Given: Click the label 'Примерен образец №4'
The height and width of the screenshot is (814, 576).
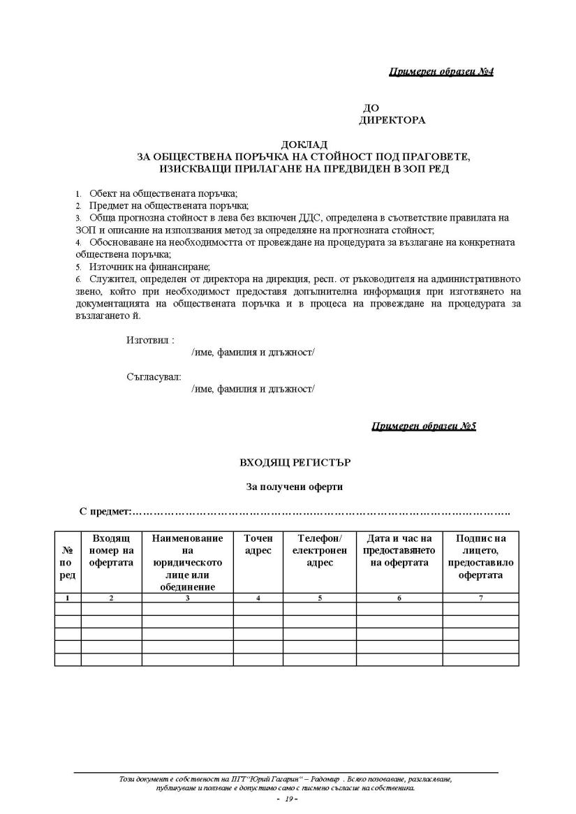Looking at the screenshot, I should pos(441,72).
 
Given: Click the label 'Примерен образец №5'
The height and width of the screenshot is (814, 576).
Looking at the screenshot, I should pos(423,426).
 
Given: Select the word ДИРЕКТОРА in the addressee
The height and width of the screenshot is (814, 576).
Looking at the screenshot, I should pos(392,120).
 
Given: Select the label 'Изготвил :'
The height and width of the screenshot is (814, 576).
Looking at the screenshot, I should pos(150,340).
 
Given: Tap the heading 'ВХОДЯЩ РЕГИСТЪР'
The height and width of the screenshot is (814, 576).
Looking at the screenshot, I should pos(290,462).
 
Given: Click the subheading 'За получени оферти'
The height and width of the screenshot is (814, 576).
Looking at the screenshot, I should pos(290,487).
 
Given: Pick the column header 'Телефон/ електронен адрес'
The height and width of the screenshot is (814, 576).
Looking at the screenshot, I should pos(320,551).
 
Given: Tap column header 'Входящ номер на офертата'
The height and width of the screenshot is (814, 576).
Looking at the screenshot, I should pos(111,551).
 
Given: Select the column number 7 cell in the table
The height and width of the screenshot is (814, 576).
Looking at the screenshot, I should pos(480,598).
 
